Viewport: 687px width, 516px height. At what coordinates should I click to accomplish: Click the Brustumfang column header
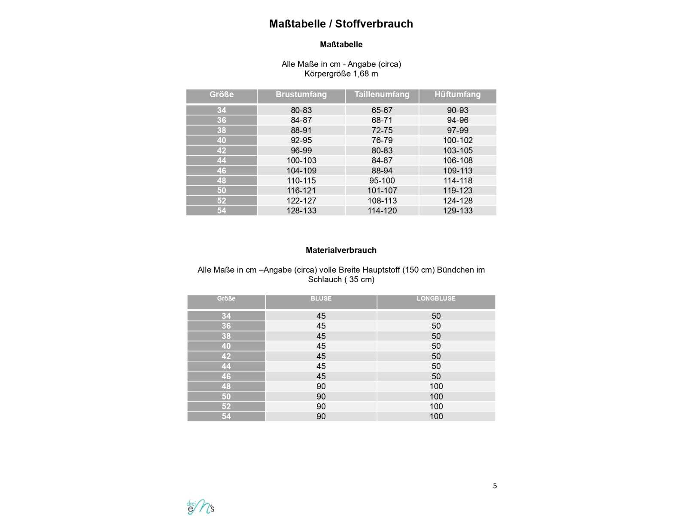coord(301,95)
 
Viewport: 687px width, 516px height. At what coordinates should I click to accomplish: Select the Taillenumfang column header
coord(382,95)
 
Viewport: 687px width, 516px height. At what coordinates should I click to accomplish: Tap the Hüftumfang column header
coord(457,95)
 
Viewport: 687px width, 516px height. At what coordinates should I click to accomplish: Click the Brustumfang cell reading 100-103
coord(301,160)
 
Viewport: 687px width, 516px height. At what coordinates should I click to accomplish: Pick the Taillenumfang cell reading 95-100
coord(382,181)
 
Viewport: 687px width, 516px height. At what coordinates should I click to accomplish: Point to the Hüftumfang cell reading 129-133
coord(457,211)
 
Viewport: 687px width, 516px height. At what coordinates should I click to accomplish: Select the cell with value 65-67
coord(382,110)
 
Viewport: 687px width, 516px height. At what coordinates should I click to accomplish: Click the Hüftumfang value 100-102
coord(457,140)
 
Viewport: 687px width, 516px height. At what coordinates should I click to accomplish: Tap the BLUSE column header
coord(321,298)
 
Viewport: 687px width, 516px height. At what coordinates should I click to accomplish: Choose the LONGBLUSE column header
coord(436,298)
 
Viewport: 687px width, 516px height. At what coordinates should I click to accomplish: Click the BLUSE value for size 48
coord(321,386)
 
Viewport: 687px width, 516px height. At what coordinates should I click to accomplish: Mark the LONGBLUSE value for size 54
coord(436,416)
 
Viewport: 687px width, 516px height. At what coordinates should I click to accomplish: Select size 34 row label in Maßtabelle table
coord(221,110)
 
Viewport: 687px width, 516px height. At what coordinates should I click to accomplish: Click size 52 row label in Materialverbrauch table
coord(226,406)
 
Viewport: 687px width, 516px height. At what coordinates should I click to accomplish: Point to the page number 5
coord(495,485)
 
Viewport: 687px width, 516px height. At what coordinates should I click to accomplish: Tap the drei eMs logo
coord(201,507)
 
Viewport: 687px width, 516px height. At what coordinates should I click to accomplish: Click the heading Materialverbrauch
coord(341,250)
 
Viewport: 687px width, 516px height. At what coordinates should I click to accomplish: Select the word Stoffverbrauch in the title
coord(374,24)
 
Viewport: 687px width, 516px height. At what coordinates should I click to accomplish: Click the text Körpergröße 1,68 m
coord(341,74)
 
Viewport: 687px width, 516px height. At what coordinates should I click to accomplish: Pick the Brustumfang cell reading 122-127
coord(301,201)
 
